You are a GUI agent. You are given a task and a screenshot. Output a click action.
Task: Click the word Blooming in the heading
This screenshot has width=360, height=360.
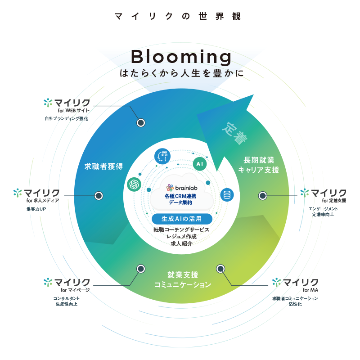(x=181, y=57)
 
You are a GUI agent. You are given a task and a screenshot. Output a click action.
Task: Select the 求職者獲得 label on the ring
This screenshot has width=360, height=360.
(x=104, y=166)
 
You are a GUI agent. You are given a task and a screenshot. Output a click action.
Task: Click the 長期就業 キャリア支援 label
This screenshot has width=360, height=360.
(x=259, y=165)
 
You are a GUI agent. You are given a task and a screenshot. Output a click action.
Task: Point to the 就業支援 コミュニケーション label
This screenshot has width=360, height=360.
(x=183, y=279)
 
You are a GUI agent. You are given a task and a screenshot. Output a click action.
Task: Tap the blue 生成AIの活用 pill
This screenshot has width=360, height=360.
(x=183, y=219)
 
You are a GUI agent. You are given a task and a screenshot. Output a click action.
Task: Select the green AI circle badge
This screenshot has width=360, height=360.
(x=200, y=164)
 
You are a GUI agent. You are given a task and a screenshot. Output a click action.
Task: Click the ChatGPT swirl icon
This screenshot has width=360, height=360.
(x=134, y=184)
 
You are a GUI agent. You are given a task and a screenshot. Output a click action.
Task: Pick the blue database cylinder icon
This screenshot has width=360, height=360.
(x=227, y=195)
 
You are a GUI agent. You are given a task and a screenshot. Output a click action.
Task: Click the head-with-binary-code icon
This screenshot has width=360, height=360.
(x=162, y=157)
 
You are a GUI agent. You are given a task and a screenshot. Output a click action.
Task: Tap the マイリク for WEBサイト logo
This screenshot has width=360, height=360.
(x=67, y=103)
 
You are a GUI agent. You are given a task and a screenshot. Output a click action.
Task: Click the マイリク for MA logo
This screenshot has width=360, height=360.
(x=295, y=283)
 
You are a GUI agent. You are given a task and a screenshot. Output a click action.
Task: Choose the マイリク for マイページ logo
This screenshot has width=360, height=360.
(x=67, y=283)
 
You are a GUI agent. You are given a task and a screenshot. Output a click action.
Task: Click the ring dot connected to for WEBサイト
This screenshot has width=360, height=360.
(x=141, y=122)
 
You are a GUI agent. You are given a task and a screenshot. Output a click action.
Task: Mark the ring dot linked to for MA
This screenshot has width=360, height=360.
(x=220, y=269)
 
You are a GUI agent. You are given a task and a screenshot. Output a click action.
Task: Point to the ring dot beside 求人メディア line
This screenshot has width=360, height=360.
(x=99, y=196)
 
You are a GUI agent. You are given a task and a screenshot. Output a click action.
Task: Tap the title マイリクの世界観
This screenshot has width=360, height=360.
(x=178, y=17)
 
